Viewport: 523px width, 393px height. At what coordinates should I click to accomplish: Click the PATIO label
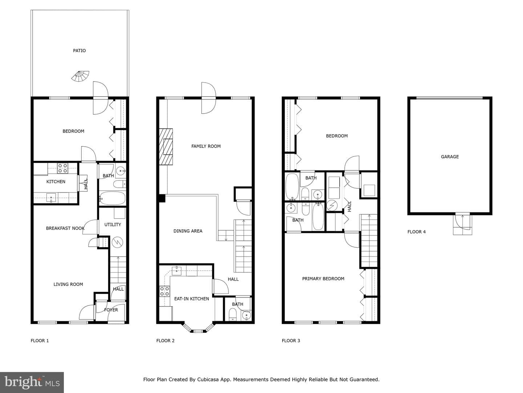point(79,51)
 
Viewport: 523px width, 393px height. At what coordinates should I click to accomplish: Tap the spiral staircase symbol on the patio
point(81,76)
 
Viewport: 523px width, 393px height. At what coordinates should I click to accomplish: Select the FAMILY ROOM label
point(206,146)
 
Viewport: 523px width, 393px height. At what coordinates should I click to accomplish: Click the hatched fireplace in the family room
point(166,147)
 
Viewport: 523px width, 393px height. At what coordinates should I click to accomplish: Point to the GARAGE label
point(450,157)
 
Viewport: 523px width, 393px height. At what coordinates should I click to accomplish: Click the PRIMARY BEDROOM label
point(323,279)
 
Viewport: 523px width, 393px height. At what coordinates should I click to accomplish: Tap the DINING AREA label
point(188,231)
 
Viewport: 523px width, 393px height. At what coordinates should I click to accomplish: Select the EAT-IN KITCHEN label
point(191,299)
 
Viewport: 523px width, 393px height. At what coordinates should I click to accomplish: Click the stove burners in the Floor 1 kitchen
point(63,168)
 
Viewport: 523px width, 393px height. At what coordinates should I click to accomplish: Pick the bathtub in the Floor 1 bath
point(112,198)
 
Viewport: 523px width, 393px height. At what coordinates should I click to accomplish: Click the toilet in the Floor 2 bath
point(232,314)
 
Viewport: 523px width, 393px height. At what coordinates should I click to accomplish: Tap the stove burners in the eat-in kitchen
point(165,291)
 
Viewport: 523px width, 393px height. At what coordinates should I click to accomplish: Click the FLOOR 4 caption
point(417,232)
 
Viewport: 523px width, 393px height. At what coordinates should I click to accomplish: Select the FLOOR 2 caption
point(165,341)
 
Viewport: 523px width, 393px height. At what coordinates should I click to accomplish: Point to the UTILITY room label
point(113,225)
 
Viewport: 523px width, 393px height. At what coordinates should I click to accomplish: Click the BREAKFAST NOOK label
point(65,229)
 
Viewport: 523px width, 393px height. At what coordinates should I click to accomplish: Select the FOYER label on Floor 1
point(111,310)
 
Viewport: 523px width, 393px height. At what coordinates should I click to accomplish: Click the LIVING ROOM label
point(68,285)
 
